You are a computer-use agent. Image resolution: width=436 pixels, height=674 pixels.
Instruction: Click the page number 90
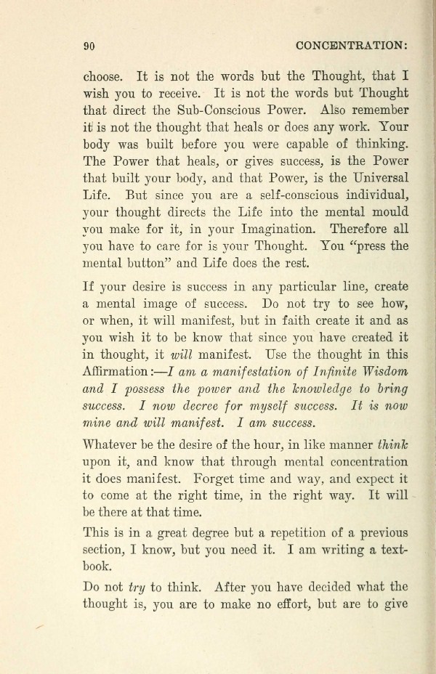[91, 44]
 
